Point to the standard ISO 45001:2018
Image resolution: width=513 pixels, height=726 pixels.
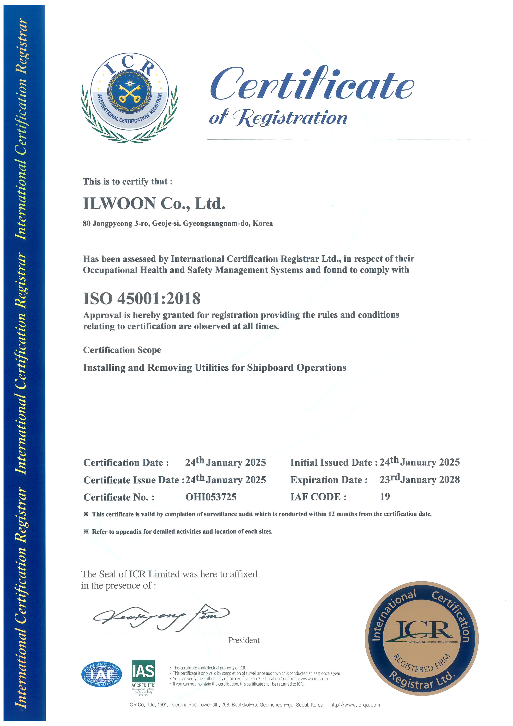click(x=142, y=299)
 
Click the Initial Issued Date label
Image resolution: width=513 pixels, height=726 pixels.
click(x=333, y=463)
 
